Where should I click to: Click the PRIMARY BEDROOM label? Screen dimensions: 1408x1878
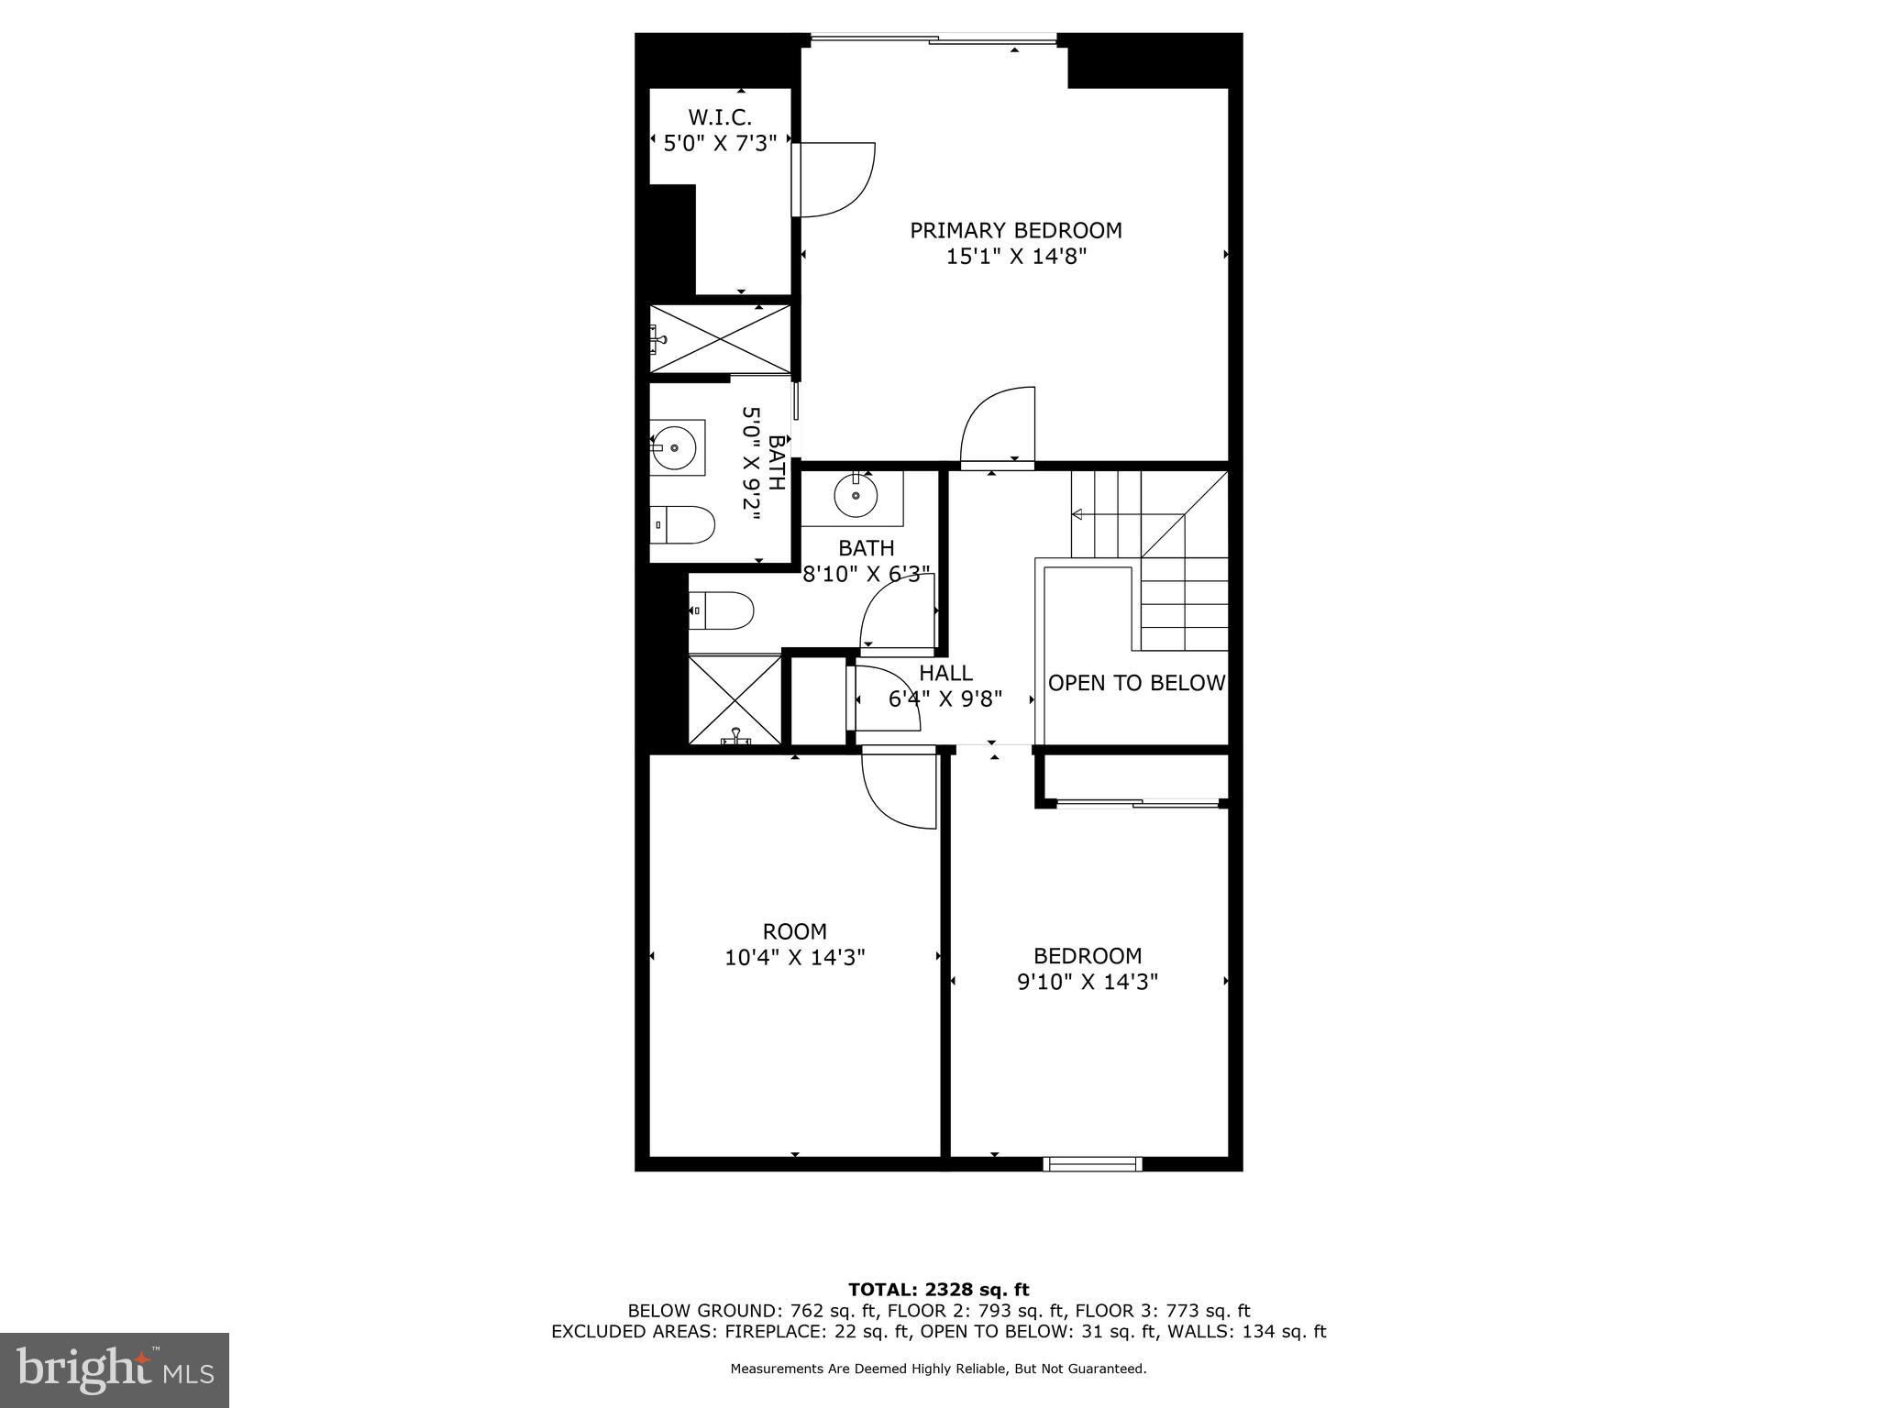(x=1015, y=230)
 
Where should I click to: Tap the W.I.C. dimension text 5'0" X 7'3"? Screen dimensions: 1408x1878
(x=720, y=143)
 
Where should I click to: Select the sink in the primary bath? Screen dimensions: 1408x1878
(x=676, y=447)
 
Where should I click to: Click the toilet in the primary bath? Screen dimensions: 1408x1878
(x=683, y=524)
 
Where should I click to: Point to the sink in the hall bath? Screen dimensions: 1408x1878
(x=856, y=496)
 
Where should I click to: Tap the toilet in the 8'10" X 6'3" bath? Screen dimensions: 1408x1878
(x=723, y=610)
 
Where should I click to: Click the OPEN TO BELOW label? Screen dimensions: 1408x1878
(x=1136, y=683)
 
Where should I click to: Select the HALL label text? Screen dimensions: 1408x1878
(x=945, y=673)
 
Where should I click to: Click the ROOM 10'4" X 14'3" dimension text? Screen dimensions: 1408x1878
(x=795, y=958)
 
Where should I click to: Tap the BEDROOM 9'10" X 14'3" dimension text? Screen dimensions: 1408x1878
(x=1088, y=982)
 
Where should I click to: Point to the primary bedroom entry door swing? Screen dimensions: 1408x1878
(x=999, y=427)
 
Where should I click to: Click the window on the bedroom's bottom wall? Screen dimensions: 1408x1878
(x=1092, y=1164)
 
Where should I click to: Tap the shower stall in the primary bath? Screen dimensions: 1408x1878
(x=721, y=338)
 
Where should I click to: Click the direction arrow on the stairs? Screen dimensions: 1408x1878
(x=1078, y=514)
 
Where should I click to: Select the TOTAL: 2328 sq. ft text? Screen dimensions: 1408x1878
(x=938, y=1290)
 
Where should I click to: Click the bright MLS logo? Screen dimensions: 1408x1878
(x=115, y=1369)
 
